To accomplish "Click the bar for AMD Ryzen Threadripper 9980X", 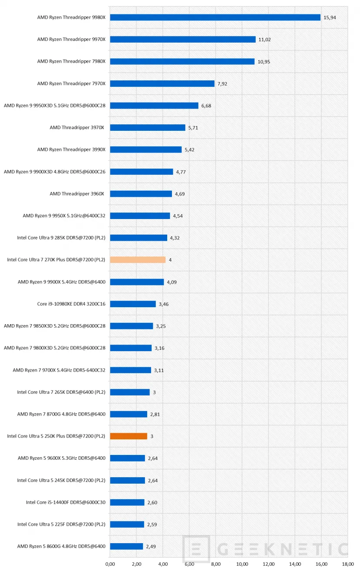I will point(215,17).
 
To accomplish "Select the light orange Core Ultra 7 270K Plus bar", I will point(138,260).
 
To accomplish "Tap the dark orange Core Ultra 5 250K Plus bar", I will point(129,436).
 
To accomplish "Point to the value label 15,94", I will point(330,17).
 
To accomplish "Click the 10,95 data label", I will point(264,62).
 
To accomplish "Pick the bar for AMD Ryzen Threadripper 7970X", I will point(162,83).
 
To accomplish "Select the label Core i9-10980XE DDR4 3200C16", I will point(71,304).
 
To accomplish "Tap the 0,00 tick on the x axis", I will point(110,564).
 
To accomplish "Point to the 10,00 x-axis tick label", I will point(242,564).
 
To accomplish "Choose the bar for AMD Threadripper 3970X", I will point(148,128).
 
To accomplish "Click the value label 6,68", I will point(206,106).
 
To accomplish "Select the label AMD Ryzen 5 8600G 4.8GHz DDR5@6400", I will point(61,546).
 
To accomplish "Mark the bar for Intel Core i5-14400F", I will point(127,502).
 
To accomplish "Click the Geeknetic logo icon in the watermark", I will point(196,549).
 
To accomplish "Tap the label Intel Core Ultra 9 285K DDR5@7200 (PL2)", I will point(61,238).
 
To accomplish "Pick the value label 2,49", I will point(151,546).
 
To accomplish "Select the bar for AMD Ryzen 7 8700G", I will point(129,414).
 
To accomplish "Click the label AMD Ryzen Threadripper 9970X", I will point(71,40).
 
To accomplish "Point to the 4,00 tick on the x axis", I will point(163,564).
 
